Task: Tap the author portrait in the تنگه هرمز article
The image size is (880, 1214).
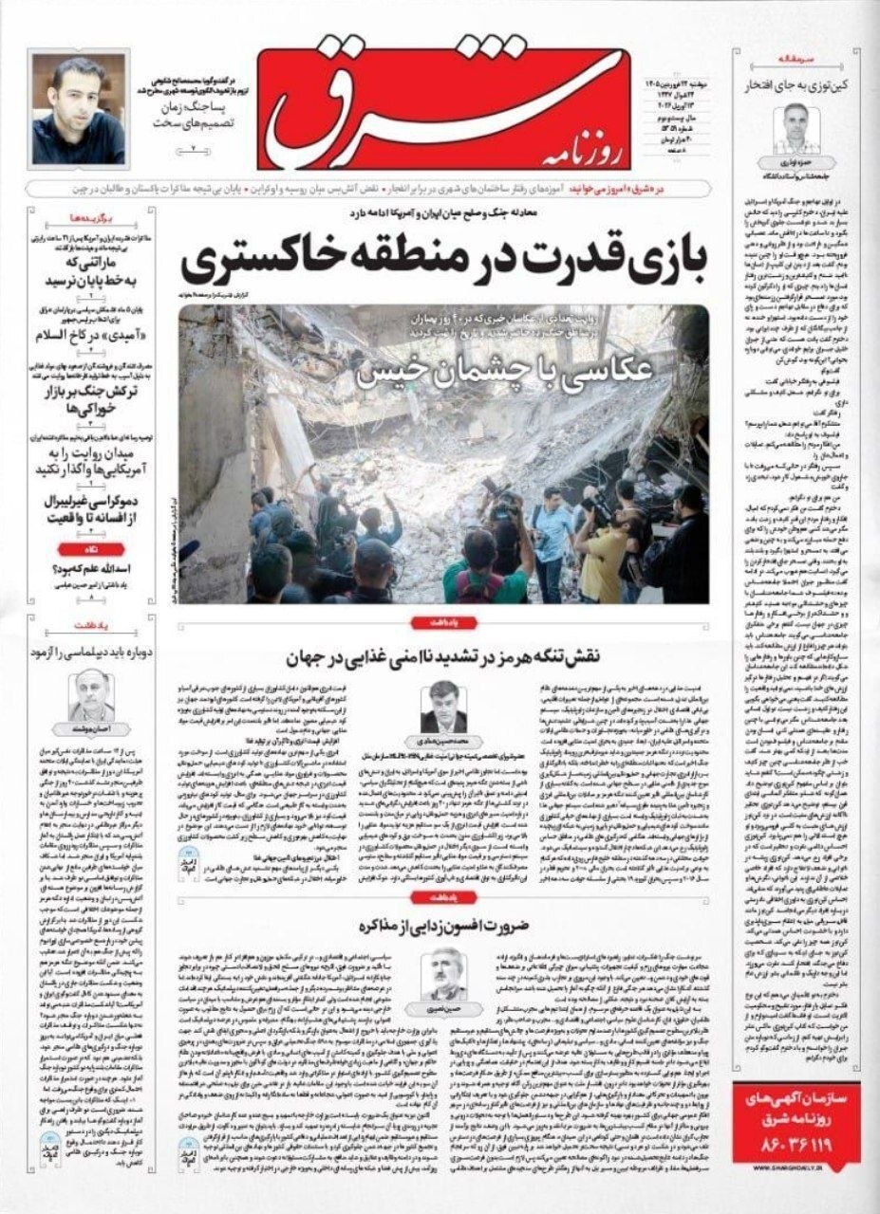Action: point(443,708)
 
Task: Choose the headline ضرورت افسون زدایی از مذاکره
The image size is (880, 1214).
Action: point(443,925)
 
